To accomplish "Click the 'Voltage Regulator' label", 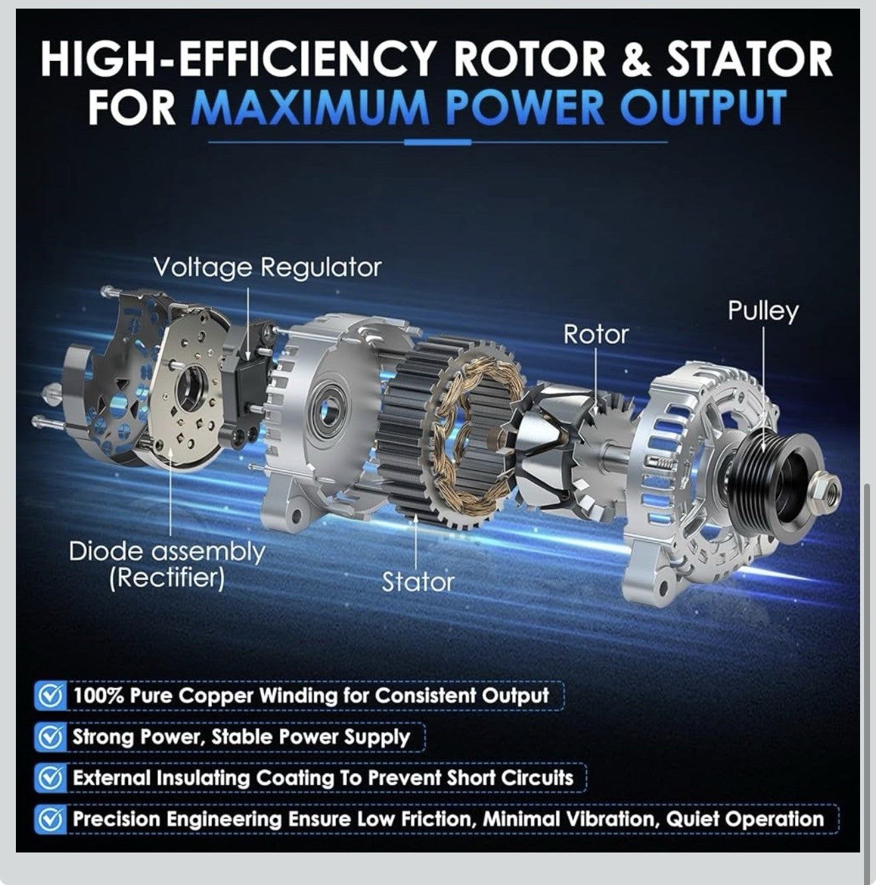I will [x=267, y=267].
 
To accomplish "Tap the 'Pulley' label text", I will [x=763, y=311].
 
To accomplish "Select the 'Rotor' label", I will [x=595, y=334].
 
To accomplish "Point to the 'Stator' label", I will [x=417, y=582].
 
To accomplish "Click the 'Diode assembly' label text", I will [x=167, y=551].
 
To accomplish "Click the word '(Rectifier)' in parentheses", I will [x=167, y=578].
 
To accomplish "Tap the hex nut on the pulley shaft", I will [x=825, y=489].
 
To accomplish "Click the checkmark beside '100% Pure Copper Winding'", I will [x=50, y=696].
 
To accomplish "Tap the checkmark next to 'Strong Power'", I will [x=50, y=737].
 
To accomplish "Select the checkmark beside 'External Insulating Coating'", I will [x=50, y=778].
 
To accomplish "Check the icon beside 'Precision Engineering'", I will [x=50, y=819].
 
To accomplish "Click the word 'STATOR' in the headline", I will [x=749, y=60].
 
